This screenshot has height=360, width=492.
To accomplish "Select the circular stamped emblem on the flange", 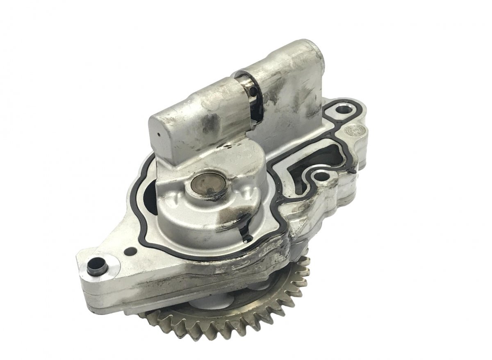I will pos(352,130).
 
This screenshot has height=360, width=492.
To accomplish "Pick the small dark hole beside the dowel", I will pos(130,251).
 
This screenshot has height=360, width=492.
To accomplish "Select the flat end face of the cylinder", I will pos(164,131).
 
